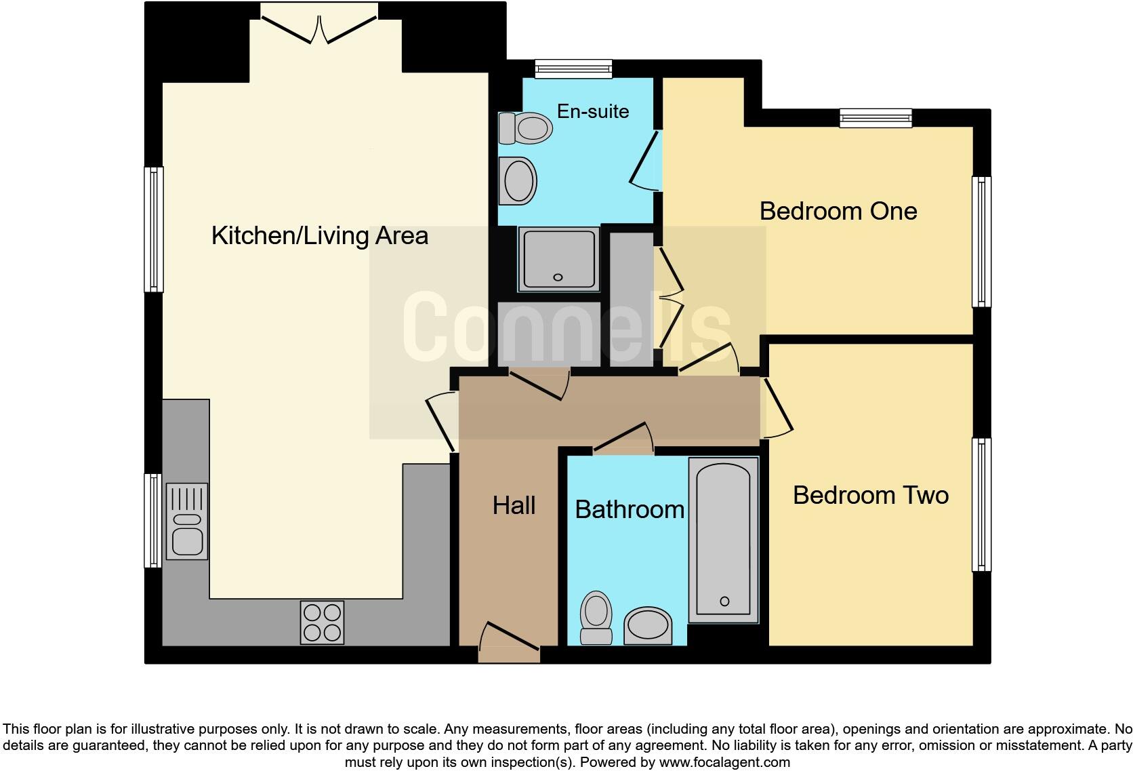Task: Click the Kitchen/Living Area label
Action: click(319, 236)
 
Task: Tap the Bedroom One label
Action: click(838, 211)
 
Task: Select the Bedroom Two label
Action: click(870, 495)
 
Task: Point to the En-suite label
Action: click(593, 111)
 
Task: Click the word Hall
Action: click(514, 505)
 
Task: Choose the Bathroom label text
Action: click(629, 509)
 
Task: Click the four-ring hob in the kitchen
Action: click(322, 622)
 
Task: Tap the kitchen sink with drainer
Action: click(186, 521)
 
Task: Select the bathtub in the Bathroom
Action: click(723, 540)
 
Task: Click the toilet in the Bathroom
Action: click(596, 616)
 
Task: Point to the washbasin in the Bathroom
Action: click(648, 625)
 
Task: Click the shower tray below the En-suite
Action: click(558, 259)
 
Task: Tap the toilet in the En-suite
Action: click(525, 127)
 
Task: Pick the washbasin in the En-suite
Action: click(518, 180)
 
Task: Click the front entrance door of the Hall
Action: click(509, 640)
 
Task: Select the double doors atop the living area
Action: click(318, 27)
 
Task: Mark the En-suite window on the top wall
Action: click(573, 68)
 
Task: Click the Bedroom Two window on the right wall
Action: click(981, 505)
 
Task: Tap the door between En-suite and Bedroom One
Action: click(645, 160)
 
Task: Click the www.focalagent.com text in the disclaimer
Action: click(724, 762)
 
